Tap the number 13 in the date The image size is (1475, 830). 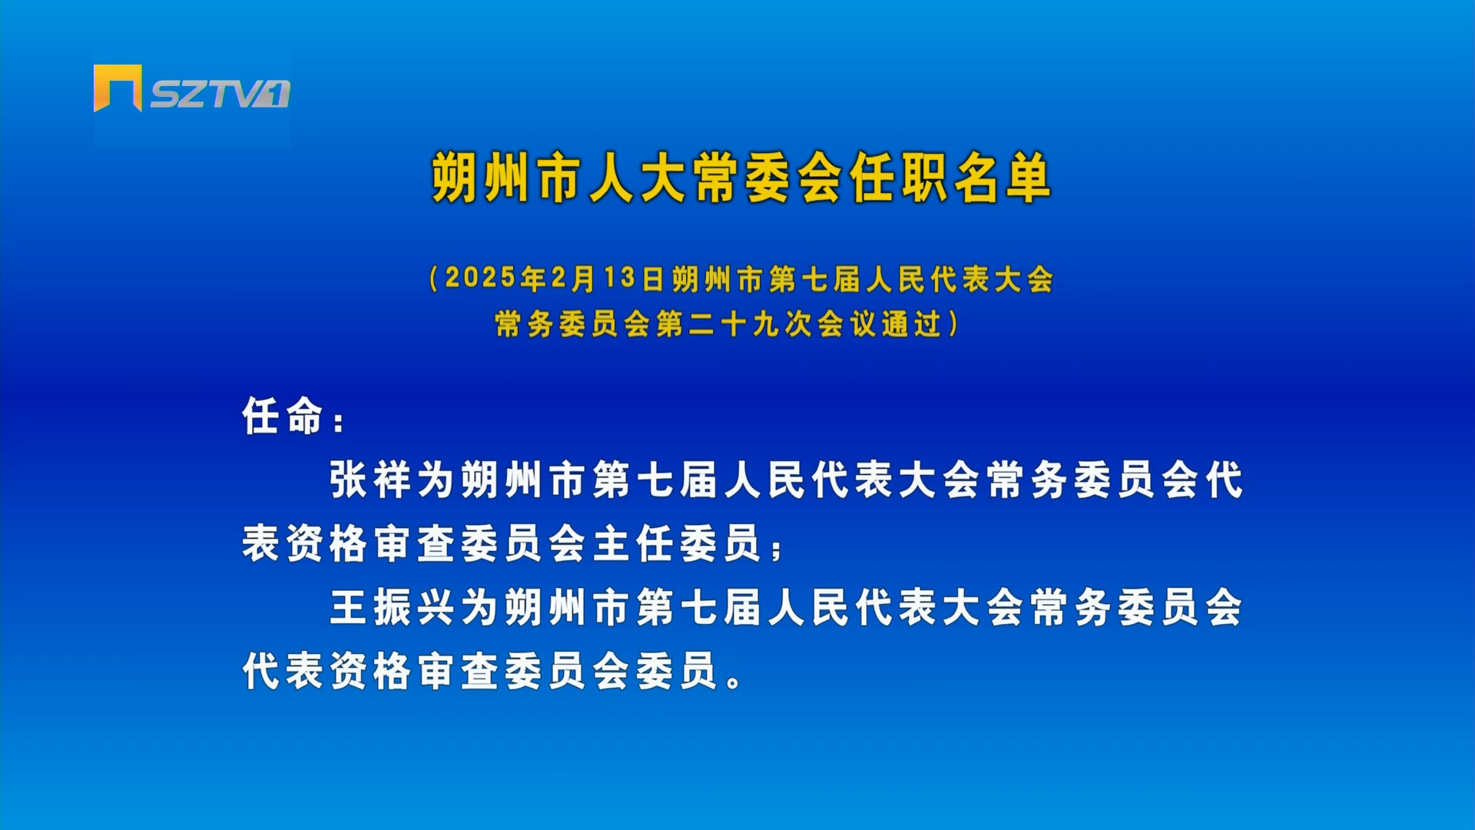click(x=619, y=278)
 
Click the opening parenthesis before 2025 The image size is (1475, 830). click(x=434, y=278)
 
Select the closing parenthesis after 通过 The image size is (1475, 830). click(x=954, y=324)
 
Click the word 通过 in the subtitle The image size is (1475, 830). click(x=912, y=324)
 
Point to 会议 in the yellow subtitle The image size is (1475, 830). click(x=847, y=324)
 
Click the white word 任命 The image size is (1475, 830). click(x=282, y=416)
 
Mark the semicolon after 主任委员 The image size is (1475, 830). click(x=776, y=549)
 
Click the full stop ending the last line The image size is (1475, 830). click(x=734, y=680)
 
